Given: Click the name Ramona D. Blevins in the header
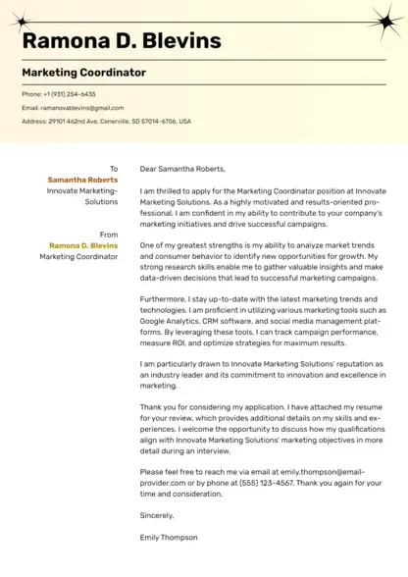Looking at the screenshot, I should [x=122, y=40].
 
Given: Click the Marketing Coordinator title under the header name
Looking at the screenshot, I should [x=83, y=73].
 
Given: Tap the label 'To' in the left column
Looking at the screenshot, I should [x=114, y=169].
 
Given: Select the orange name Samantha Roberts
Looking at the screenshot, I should [x=82, y=181].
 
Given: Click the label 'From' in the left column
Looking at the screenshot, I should [x=109, y=235].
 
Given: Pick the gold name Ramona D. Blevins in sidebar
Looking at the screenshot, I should [x=83, y=245].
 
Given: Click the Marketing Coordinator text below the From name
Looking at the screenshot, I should [x=78, y=256].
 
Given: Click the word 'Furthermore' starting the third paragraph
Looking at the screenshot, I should [x=163, y=297].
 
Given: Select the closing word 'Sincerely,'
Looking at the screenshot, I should [x=157, y=515].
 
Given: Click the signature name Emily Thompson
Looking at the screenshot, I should [x=169, y=537].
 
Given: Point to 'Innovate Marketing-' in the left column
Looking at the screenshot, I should [x=82, y=191].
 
